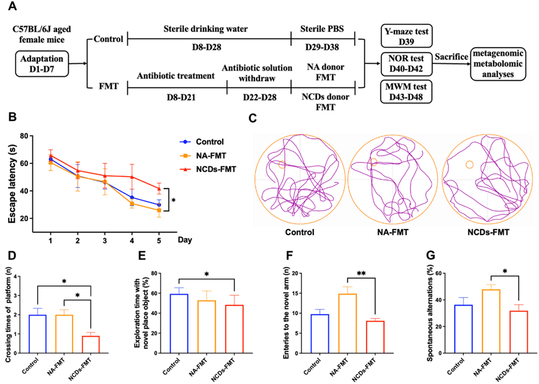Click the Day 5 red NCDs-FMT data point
(x=159, y=189)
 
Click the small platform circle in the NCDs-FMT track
(x=469, y=164)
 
